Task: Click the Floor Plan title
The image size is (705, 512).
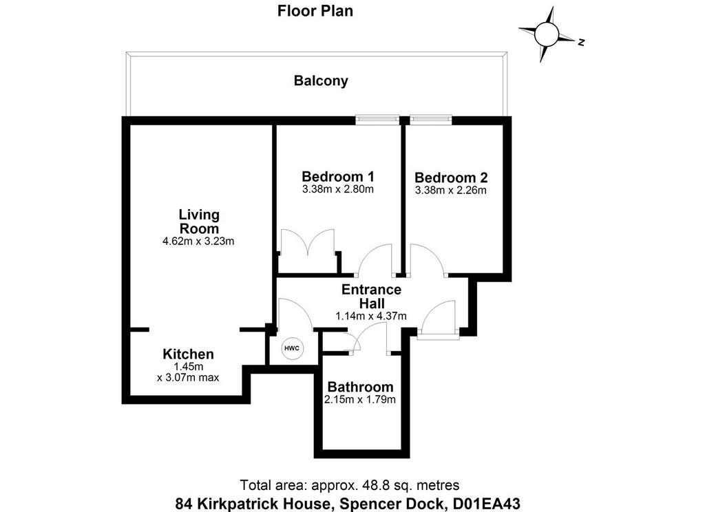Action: pyautogui.click(x=315, y=11)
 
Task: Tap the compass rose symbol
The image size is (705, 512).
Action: pyautogui.click(x=547, y=34)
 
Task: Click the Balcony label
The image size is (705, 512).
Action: pyautogui.click(x=321, y=81)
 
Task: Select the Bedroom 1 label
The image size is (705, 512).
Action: pyautogui.click(x=338, y=176)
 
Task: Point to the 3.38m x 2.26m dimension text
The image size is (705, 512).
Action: pyautogui.click(x=450, y=190)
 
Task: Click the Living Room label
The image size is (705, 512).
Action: pyautogui.click(x=199, y=221)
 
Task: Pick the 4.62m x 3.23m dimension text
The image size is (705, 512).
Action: pyautogui.click(x=198, y=242)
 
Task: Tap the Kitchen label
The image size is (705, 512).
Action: pyautogui.click(x=188, y=354)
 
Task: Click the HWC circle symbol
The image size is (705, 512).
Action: pyautogui.click(x=293, y=348)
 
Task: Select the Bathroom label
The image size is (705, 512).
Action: pyautogui.click(x=360, y=387)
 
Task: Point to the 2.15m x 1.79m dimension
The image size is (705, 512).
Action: pyautogui.click(x=360, y=400)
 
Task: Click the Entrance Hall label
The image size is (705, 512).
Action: pyautogui.click(x=371, y=296)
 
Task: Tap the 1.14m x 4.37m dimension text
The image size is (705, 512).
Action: pyautogui.click(x=371, y=316)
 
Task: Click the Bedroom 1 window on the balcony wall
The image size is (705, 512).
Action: pyautogui.click(x=377, y=120)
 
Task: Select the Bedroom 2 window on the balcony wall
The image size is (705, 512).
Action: pyautogui.click(x=431, y=120)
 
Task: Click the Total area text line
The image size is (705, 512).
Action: pyautogui.click(x=349, y=485)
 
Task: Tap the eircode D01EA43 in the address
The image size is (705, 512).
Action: pyautogui.click(x=485, y=504)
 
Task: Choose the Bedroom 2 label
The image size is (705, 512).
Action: pyautogui.click(x=451, y=178)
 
